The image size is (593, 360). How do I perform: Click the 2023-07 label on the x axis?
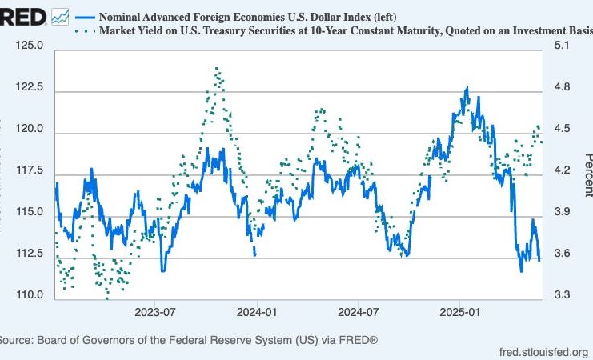click(155, 311)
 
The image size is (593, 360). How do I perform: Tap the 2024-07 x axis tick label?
click(359, 311)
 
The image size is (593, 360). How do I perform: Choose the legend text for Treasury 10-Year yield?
click(344, 32)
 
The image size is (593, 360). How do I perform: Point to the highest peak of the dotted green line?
click(216, 69)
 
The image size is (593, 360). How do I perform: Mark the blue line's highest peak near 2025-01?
click(467, 87)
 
